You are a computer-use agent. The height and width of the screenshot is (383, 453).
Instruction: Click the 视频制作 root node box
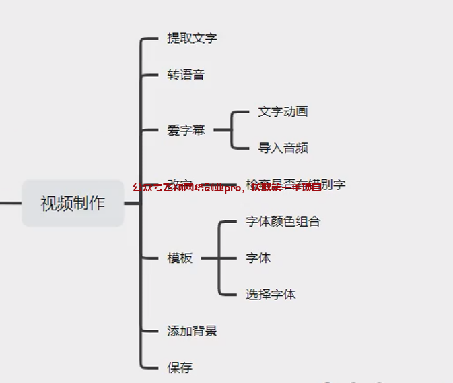coord(73,203)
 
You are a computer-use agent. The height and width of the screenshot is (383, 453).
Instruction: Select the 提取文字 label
coord(192,38)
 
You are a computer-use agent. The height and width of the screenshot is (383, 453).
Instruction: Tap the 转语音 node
coord(186,75)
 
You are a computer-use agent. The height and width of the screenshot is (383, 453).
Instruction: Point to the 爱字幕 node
coord(186,130)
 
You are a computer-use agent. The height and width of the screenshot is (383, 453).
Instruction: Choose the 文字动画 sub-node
coord(283,111)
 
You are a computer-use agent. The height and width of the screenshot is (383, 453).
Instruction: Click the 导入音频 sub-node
coord(283,148)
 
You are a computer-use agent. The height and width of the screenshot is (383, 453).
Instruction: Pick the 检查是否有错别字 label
coord(296,184)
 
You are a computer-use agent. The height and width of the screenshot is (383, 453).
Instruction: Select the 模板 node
coord(180,258)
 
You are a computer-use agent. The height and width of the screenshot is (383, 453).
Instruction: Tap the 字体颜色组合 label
coord(283,221)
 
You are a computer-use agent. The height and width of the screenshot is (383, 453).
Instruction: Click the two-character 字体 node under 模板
coord(258,258)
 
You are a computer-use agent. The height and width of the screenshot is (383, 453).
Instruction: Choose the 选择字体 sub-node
coord(271,295)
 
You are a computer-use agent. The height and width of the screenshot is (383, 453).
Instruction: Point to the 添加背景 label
coord(192,331)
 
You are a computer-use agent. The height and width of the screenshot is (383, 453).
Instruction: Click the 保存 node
coord(180,367)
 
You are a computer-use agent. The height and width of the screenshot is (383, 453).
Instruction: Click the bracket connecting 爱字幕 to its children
coord(232,129)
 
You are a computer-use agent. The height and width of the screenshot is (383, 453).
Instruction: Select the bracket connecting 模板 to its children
coord(219,258)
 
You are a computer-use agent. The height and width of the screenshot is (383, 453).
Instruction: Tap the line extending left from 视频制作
coord(10,203)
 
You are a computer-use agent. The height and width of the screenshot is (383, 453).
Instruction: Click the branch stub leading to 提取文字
coord(150,39)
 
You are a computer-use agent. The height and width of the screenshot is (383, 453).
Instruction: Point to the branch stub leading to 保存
coord(150,367)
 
